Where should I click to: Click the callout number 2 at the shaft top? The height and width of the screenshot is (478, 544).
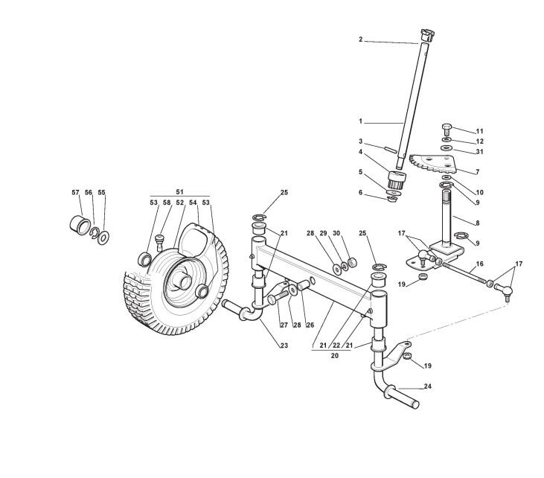pyautogui.click(x=360, y=39)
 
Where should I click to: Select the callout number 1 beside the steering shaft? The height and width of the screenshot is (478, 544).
pyautogui.click(x=360, y=121)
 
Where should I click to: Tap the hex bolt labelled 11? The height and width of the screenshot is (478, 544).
pyautogui.click(x=447, y=128)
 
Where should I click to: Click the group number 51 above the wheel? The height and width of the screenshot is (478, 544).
pyautogui.click(x=179, y=192)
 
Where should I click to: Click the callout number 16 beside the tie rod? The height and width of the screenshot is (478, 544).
pyautogui.click(x=480, y=264)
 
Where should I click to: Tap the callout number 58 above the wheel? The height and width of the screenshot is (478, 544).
pyautogui.click(x=167, y=203)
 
